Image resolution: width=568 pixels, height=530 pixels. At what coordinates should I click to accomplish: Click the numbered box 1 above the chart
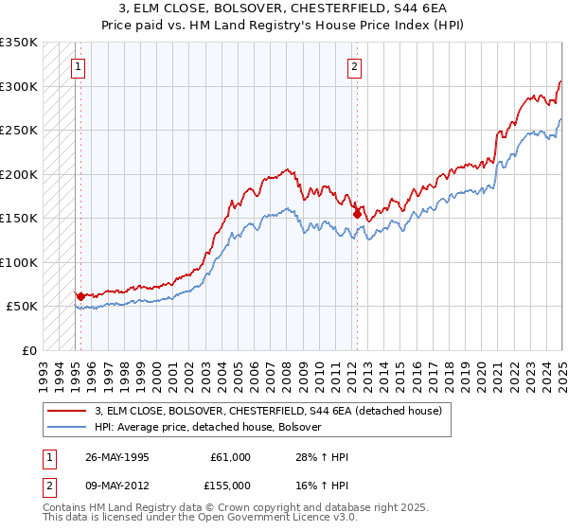point(77,67)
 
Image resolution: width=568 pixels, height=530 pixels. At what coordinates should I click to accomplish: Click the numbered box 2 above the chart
point(353,67)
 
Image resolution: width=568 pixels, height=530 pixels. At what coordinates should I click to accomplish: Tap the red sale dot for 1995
point(80,296)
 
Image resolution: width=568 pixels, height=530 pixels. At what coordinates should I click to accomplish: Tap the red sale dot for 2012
point(357,214)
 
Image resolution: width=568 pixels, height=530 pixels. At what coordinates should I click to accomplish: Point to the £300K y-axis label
point(18,86)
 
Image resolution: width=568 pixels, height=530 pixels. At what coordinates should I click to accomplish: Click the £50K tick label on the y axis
point(21,307)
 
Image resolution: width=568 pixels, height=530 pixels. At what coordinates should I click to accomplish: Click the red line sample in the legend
point(67,411)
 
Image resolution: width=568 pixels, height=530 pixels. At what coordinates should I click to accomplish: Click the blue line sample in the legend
point(67,427)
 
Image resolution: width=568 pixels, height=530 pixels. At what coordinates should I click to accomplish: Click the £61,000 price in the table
point(231,457)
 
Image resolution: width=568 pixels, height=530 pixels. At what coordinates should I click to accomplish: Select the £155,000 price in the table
point(229,485)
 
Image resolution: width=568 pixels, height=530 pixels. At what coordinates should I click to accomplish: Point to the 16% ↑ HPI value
point(323,485)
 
